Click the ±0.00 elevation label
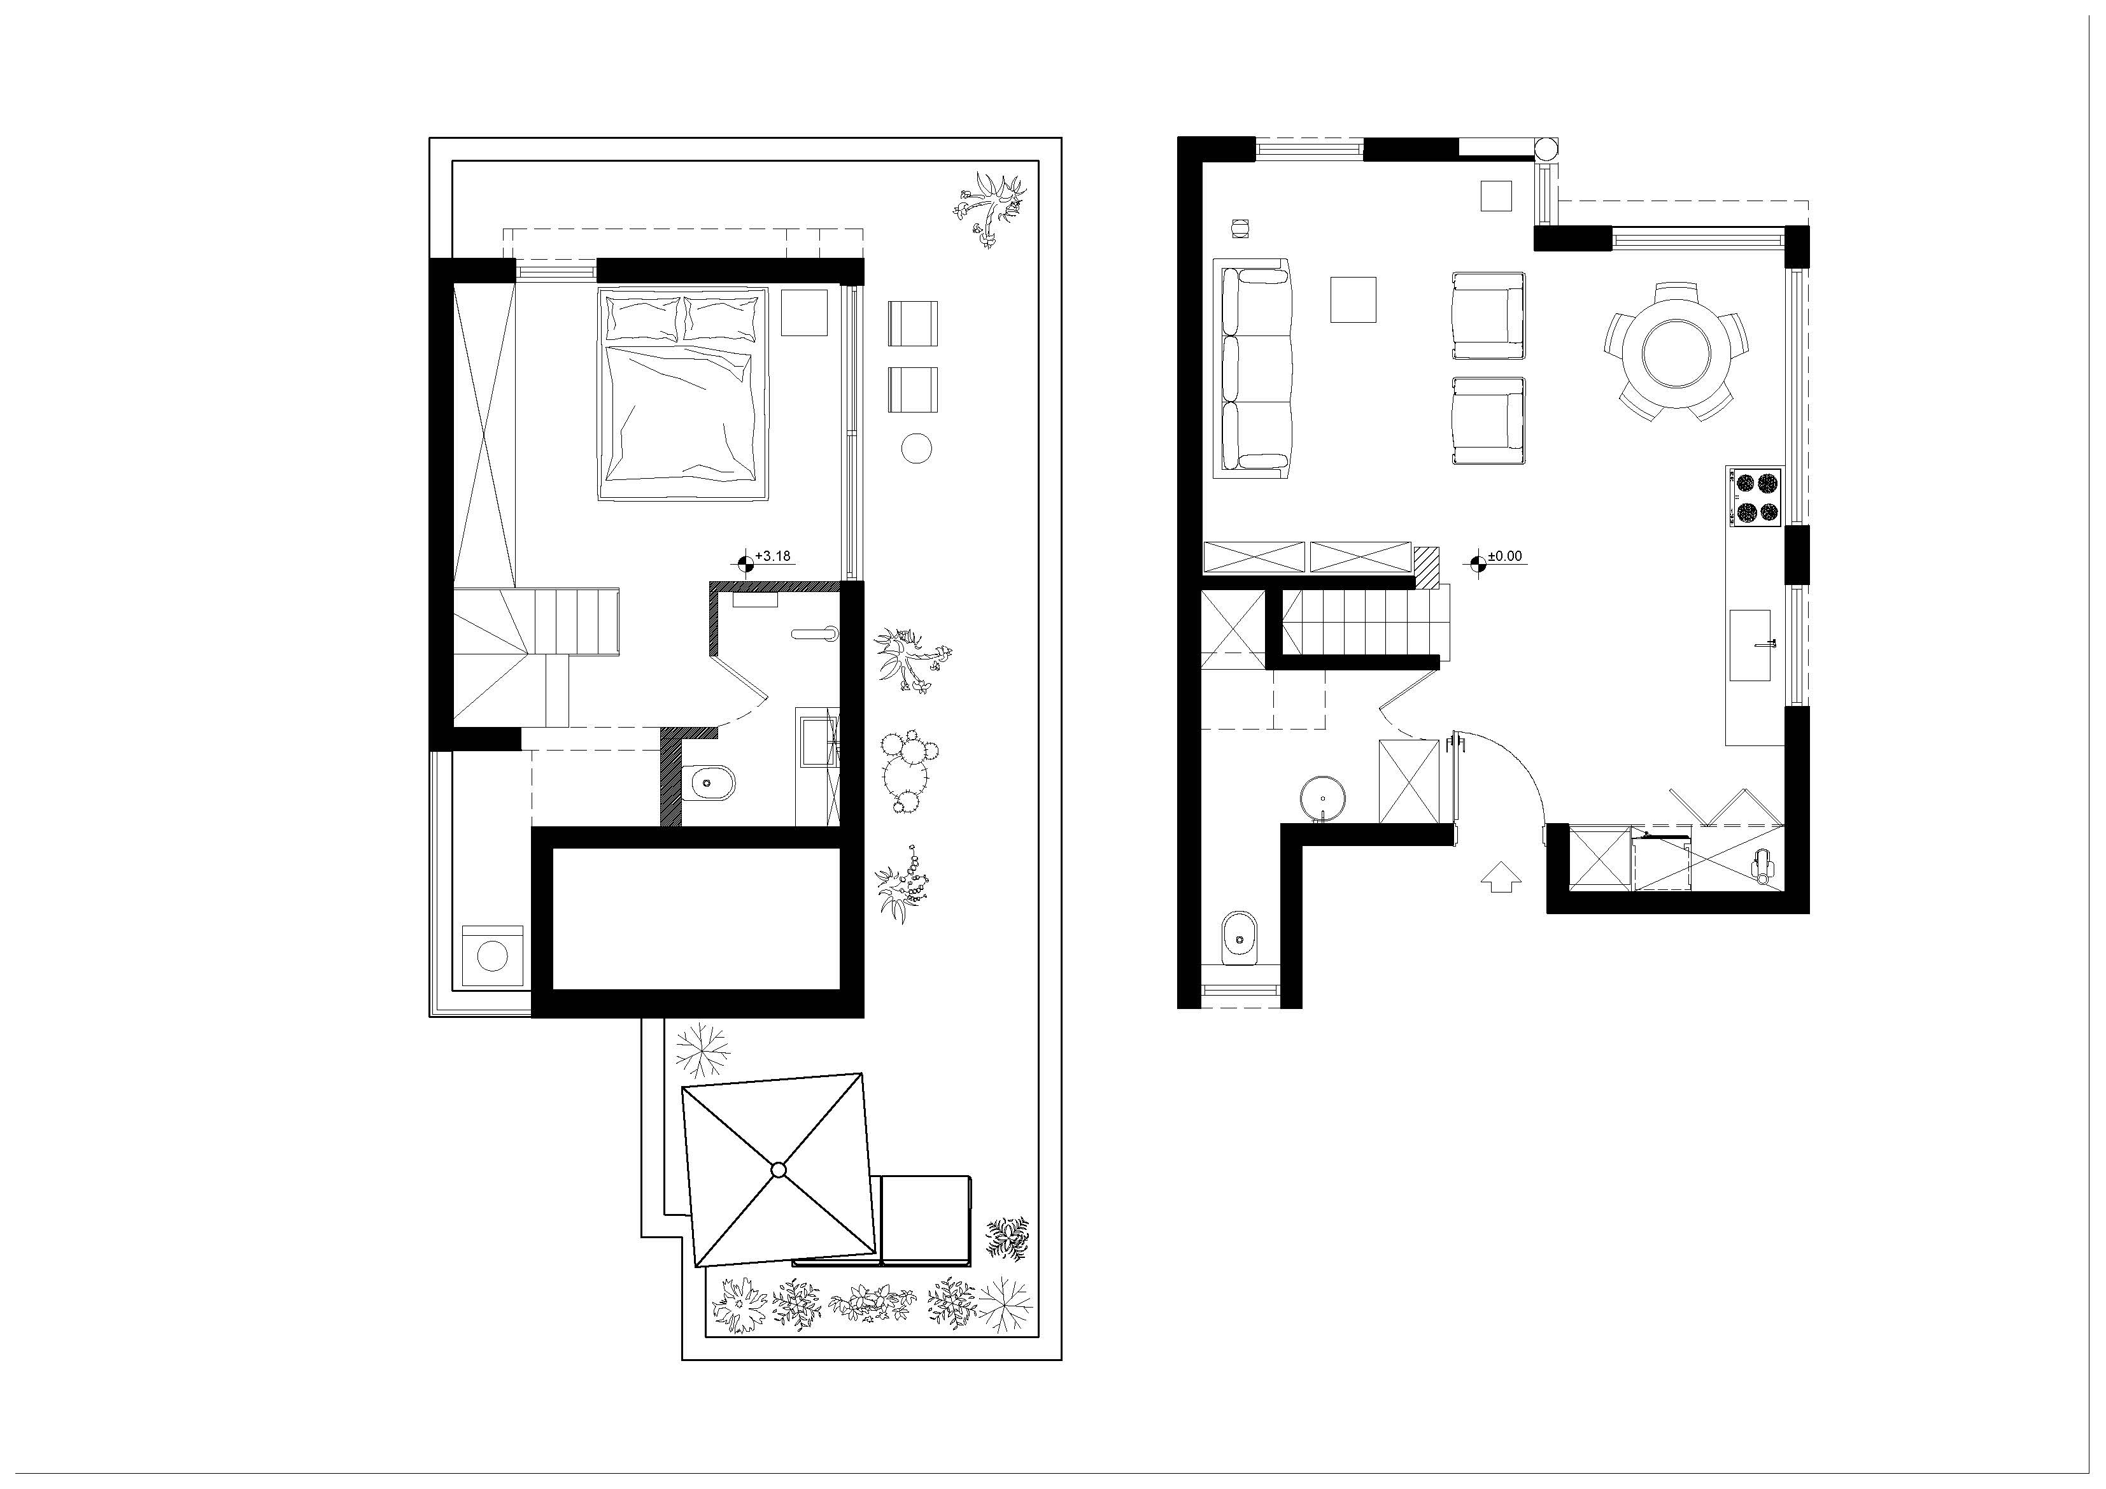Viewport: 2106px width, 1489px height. click(1504, 556)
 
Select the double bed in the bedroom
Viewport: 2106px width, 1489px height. click(683, 395)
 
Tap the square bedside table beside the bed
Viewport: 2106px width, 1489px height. click(803, 313)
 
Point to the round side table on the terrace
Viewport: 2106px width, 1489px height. click(916, 448)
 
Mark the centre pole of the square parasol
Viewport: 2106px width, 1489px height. click(779, 1169)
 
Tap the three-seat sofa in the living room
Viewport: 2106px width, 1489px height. click(1254, 369)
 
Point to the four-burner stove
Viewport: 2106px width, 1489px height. click(1755, 497)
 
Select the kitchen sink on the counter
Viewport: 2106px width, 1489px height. click(1751, 645)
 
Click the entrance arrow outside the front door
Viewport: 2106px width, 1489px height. click(1501, 877)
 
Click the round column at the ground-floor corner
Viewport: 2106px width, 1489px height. click(1546, 148)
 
